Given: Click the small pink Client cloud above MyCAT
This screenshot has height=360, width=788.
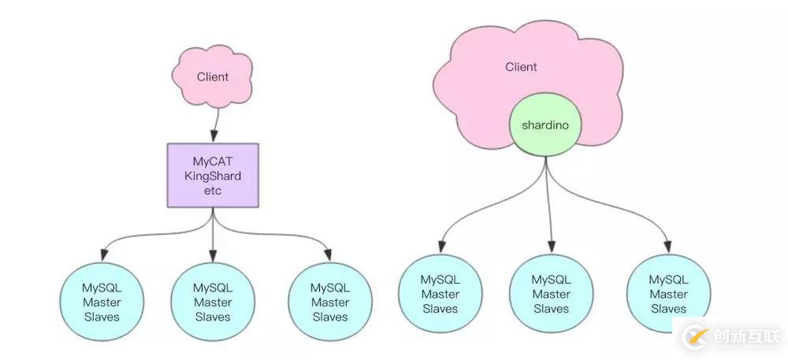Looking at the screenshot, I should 212,77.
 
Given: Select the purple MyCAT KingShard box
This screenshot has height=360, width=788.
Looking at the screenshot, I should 212,175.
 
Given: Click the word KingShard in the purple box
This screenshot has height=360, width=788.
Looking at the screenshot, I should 212,175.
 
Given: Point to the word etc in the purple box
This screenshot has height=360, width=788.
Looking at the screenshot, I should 212,190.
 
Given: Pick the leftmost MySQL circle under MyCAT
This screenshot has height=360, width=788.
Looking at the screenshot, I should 102,302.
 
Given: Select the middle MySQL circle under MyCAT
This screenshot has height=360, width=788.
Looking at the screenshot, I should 212,302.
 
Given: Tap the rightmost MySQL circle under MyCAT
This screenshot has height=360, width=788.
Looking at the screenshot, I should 329,302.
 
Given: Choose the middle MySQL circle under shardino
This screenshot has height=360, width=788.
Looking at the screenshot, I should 551,294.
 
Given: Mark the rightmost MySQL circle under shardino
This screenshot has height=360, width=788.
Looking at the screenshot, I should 667,294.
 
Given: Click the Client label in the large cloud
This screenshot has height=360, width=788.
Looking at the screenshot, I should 521,67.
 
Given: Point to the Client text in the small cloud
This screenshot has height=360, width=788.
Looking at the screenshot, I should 213,76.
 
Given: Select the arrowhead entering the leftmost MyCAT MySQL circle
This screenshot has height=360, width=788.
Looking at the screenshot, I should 102,256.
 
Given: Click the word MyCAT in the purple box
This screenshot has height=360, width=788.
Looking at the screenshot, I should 212,161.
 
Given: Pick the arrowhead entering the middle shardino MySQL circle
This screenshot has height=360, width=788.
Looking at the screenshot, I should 551,247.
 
